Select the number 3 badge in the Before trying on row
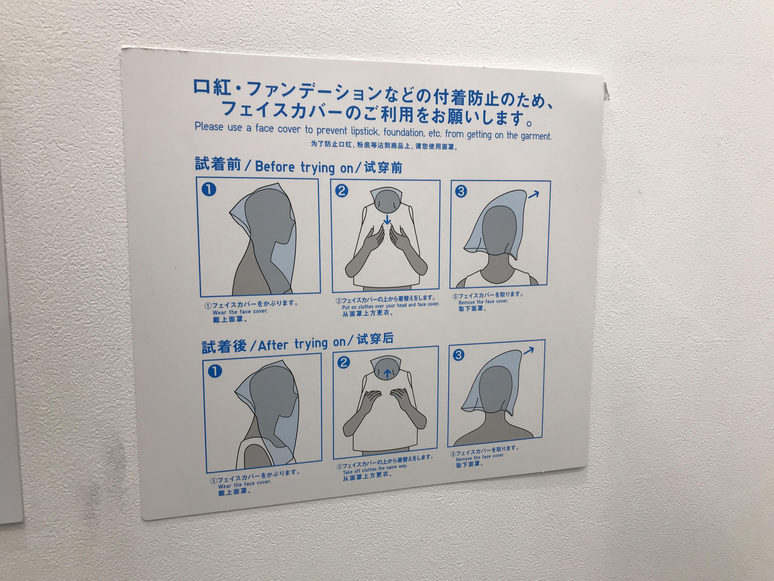point(461,191)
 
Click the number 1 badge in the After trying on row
point(215,371)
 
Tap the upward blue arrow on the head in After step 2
point(387,374)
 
